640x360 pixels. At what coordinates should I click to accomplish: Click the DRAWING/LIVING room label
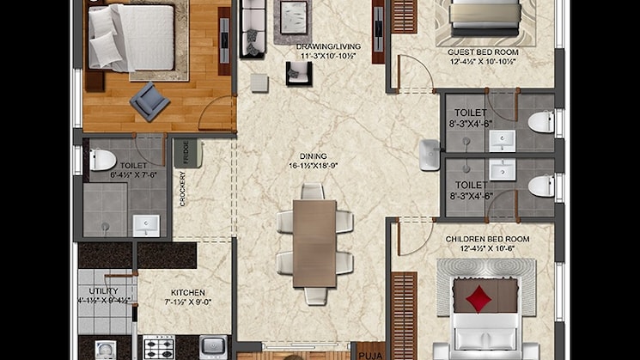click(327, 46)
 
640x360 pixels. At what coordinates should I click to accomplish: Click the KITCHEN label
click(187, 293)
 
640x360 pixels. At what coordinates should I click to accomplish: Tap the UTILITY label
click(94, 293)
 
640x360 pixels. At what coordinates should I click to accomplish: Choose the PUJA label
click(370, 352)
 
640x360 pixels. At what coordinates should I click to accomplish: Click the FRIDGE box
click(183, 152)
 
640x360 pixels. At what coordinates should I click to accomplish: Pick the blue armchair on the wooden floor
click(149, 101)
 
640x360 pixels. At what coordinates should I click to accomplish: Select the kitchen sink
click(213, 346)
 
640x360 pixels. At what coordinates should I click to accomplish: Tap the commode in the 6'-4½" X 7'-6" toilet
click(102, 159)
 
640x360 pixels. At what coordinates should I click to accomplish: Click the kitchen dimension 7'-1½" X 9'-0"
click(187, 302)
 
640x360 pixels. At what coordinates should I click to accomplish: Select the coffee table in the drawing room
click(293, 15)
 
